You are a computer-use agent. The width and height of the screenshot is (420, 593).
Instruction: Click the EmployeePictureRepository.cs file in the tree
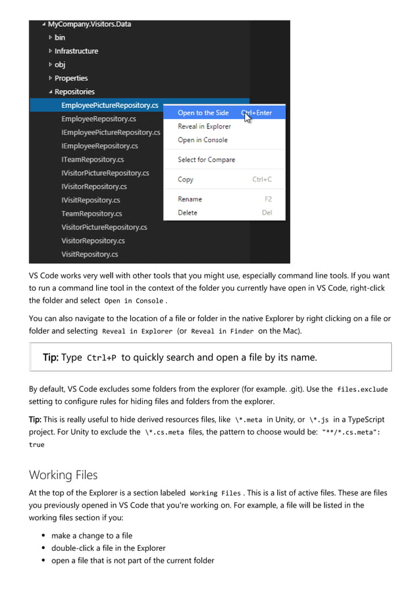point(109,105)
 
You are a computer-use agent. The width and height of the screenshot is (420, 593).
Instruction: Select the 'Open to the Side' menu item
point(203,113)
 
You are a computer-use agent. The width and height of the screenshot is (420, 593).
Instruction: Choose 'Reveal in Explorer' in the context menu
point(204,126)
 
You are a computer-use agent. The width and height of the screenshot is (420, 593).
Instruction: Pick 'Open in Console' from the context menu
point(202,140)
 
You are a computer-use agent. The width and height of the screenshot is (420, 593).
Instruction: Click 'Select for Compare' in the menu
point(206,159)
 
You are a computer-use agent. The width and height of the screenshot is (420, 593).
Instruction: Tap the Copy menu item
point(186,179)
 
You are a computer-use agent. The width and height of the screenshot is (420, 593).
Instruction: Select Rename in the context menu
point(190,199)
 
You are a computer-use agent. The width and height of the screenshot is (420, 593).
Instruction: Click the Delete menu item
point(188,213)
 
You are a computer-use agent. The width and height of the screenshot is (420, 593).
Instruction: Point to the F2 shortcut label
point(268,199)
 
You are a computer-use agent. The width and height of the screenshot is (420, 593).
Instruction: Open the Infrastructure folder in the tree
point(76,51)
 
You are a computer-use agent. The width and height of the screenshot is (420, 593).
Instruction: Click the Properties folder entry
point(71,78)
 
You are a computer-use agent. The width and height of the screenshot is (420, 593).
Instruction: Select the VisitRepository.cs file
point(90,254)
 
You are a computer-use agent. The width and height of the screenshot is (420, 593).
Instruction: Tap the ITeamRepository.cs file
point(92,159)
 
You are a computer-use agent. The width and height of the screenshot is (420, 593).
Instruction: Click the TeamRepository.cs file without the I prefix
point(92,214)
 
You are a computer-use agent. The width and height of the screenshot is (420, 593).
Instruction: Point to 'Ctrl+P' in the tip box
point(102,358)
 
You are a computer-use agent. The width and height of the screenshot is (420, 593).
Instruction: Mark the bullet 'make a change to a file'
point(92,536)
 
